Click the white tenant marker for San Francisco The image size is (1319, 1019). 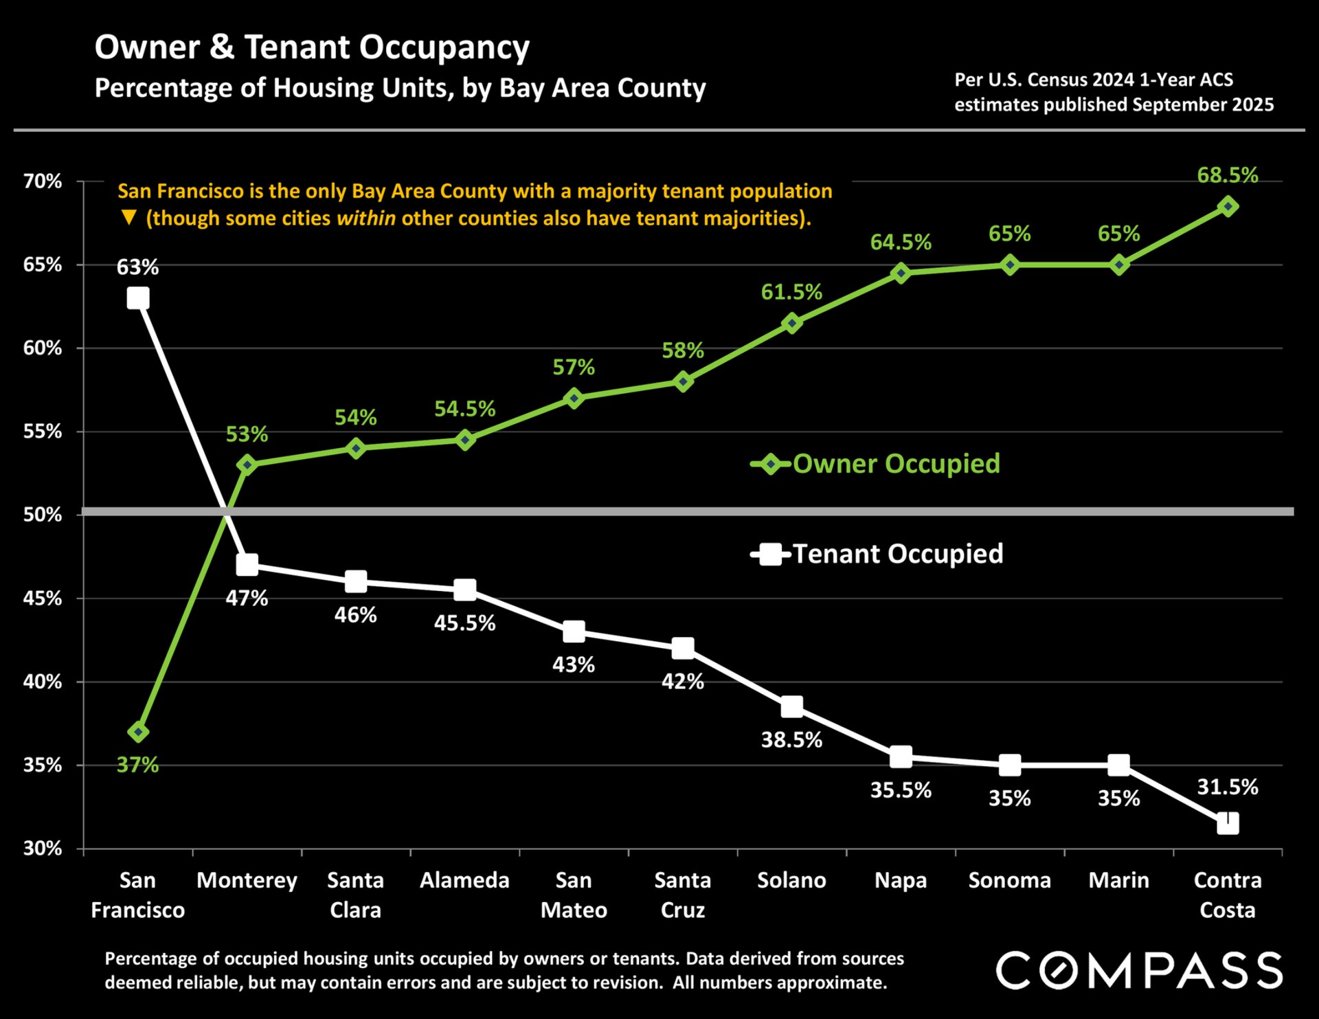[x=138, y=298]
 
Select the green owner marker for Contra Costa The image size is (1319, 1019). [x=1228, y=206]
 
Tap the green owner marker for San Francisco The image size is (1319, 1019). [x=138, y=732]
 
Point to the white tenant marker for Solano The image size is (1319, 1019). [x=791, y=706]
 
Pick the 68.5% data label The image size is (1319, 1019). [x=1227, y=175]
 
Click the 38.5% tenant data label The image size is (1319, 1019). [x=791, y=740]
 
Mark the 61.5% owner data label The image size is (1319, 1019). [x=791, y=292]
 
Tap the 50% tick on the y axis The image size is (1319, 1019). [x=43, y=515]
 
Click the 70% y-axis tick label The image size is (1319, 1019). [x=43, y=181]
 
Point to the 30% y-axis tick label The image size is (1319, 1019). [x=43, y=849]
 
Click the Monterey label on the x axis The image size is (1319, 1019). [x=247, y=880]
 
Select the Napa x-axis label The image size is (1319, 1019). [x=900, y=880]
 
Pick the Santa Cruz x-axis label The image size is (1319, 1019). [x=682, y=895]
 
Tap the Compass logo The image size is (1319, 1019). [x=1139, y=970]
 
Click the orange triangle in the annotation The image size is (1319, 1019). [x=128, y=218]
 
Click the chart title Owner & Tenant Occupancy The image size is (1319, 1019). [x=312, y=47]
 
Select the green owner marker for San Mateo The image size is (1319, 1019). [x=574, y=399]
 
